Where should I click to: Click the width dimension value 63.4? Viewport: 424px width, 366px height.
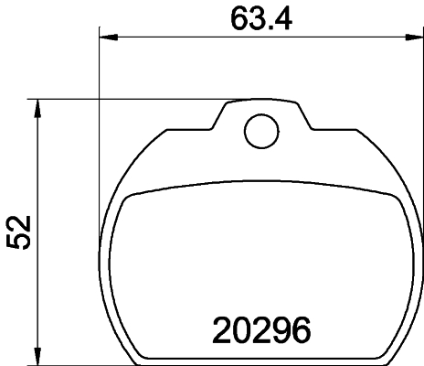coord(260,17)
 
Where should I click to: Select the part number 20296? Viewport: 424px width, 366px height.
coord(262,328)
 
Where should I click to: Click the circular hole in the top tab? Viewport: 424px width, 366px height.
coord(260,131)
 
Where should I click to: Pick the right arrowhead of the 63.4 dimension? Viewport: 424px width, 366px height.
coord(413,38)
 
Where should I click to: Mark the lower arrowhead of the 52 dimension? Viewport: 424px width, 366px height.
coord(37,355)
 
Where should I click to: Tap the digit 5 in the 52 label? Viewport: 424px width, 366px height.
coord(19,244)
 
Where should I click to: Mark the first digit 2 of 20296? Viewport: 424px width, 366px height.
coord(222,328)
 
